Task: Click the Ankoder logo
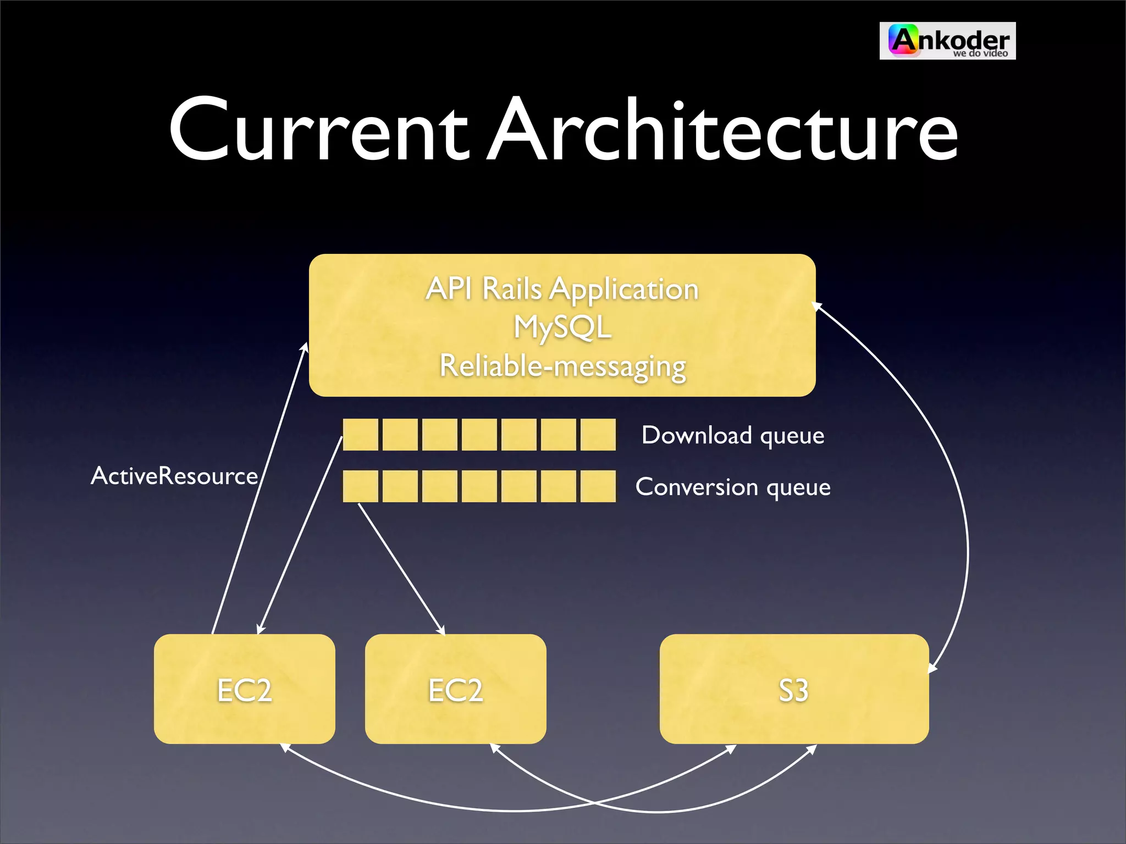pos(947,41)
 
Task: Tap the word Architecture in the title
pos(724,131)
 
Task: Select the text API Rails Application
pos(562,289)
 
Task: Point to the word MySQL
pos(562,327)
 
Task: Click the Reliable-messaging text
pos(562,367)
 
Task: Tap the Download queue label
pos(732,436)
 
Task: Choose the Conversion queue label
pos(732,487)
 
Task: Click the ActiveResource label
pos(174,476)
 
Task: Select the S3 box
pos(793,689)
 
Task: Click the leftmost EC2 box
pos(244,689)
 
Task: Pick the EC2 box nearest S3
pos(455,689)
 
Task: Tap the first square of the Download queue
pos(360,435)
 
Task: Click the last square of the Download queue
pos(598,435)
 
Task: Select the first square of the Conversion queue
pos(360,486)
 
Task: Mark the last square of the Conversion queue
pos(598,486)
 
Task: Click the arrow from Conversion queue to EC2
pos(401,569)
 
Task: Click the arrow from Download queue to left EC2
pos(300,536)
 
